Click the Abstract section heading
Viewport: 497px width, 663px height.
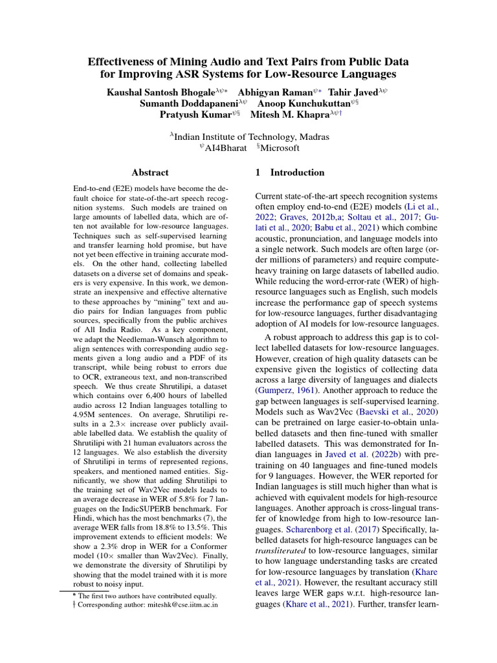tap(149, 173)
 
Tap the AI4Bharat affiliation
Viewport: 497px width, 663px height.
tap(226, 148)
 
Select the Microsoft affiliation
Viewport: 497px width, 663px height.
tap(280, 148)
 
